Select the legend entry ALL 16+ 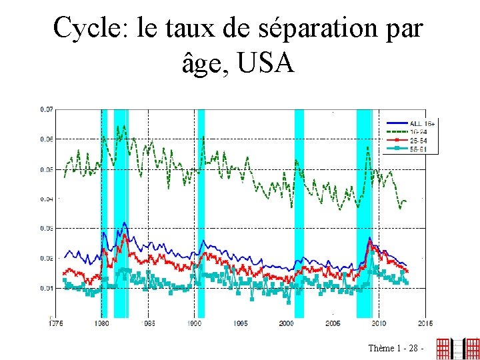[x=422, y=123]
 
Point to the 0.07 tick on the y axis [x=47, y=109]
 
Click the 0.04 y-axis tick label [x=47, y=199]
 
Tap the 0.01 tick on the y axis [x=47, y=289]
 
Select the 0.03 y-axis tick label [x=47, y=229]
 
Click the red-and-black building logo [x=457, y=348]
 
